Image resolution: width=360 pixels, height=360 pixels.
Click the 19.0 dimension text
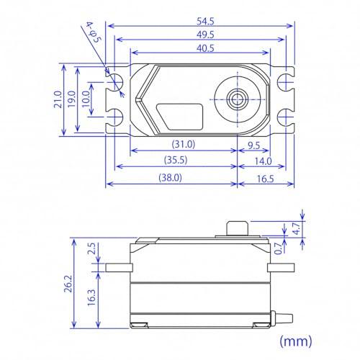click(74, 98)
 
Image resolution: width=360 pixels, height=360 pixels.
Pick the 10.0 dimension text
click(88, 98)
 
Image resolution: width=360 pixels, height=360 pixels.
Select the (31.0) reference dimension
click(184, 144)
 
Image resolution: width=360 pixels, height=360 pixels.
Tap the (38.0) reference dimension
click(170, 177)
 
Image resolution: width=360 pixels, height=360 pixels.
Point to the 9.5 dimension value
click(253, 144)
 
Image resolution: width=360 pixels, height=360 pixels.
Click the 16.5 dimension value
click(265, 177)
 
